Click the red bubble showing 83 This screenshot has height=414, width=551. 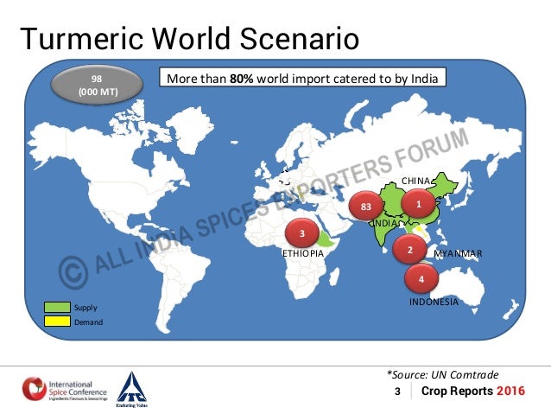click(x=366, y=207)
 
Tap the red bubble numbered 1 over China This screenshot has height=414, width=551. click(x=419, y=204)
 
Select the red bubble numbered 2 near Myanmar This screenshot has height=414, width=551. click(x=409, y=251)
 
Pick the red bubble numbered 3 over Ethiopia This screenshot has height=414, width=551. click(x=302, y=233)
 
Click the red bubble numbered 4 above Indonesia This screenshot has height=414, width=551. click(x=421, y=279)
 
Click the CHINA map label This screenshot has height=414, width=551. click(x=418, y=181)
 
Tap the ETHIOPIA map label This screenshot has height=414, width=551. click(x=303, y=254)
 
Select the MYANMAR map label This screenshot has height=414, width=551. click(x=457, y=253)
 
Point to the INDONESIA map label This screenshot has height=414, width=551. click(x=434, y=302)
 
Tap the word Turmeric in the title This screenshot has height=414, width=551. click(x=77, y=39)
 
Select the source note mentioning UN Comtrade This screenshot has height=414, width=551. click(x=442, y=374)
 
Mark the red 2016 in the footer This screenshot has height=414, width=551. click(x=510, y=392)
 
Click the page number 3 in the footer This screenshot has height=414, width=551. click(x=397, y=392)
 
